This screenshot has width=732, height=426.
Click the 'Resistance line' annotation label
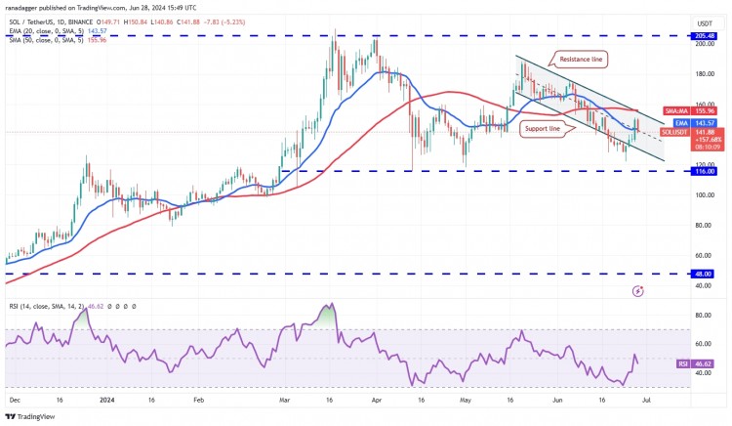584,59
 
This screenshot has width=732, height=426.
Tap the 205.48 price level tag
706,35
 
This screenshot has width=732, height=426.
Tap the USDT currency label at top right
703,21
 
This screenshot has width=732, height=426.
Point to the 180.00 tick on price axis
703,73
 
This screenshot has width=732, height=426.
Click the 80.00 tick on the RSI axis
702,316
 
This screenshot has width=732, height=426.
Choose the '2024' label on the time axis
105,400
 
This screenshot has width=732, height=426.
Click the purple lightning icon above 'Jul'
638,290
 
